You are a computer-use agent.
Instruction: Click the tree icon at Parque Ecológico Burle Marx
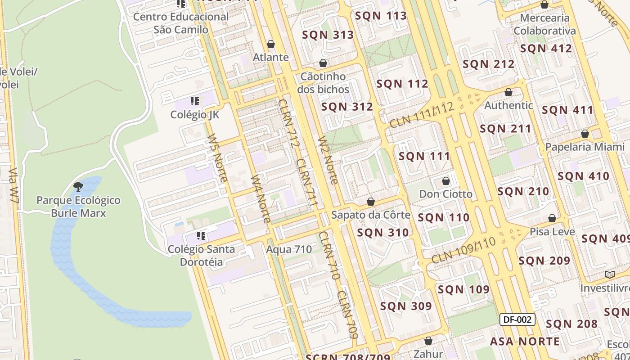coord(78,186)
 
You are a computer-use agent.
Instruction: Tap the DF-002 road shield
coord(517,319)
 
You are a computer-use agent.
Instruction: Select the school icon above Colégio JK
coord(195,101)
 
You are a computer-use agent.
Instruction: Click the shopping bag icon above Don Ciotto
coord(446,181)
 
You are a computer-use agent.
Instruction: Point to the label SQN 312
coord(347,107)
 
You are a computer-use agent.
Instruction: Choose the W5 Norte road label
coord(217,158)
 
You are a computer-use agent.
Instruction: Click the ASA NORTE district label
coord(525,342)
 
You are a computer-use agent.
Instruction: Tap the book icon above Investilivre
coord(610,274)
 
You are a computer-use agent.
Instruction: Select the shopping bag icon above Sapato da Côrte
coord(371,202)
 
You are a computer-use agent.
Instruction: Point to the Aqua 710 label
coord(289,249)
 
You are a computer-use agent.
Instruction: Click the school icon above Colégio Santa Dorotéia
coord(201,235)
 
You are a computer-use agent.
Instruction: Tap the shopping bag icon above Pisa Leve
coord(552,218)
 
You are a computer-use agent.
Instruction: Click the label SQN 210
coord(523,191)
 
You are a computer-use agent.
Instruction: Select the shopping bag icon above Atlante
coord(271,44)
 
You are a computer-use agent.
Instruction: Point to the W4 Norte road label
coord(261,199)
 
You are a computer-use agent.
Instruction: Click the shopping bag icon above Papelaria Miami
coord(585,134)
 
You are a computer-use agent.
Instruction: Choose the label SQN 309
coord(406,306)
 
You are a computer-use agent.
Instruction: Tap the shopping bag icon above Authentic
coord(508,92)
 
